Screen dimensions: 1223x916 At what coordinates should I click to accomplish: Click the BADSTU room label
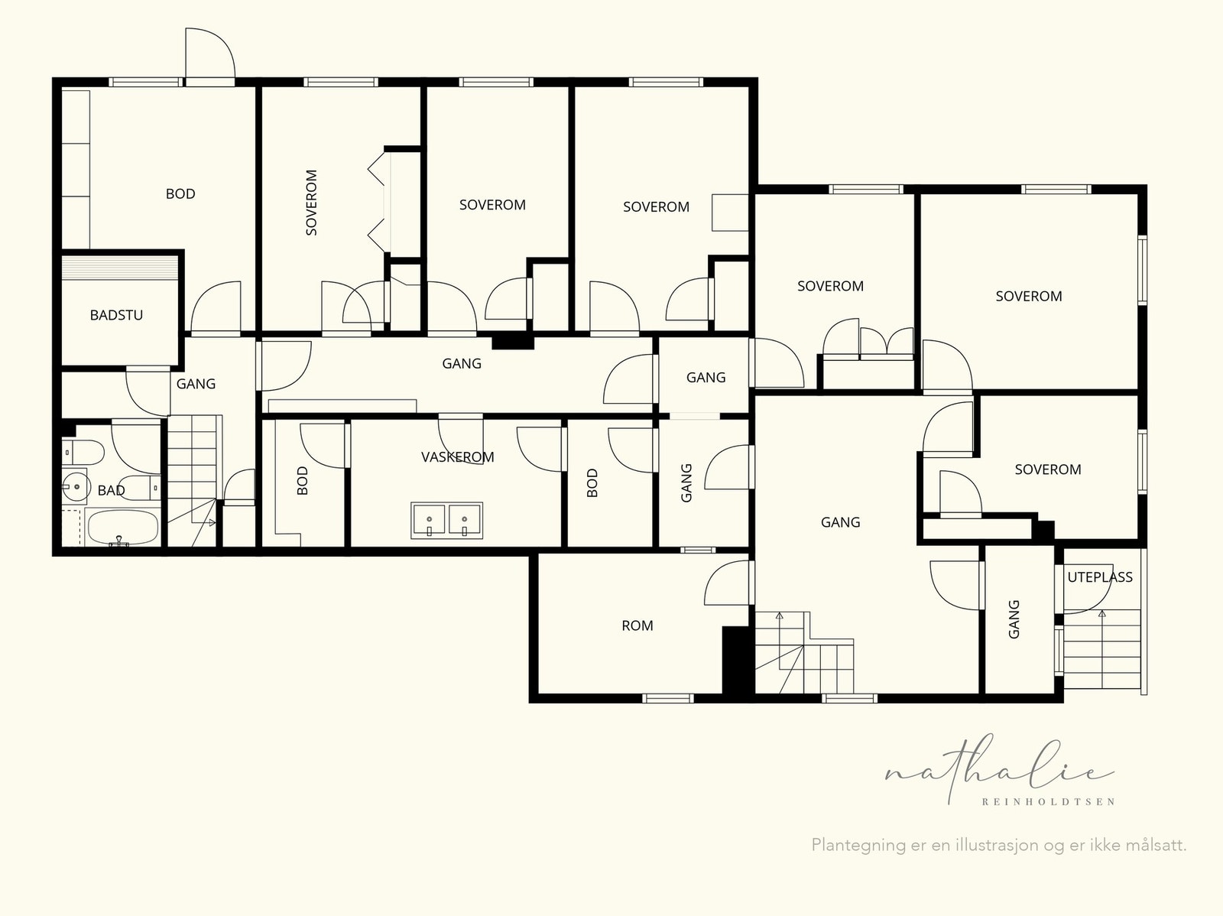[x=116, y=315]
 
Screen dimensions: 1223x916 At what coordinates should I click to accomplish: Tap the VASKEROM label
[x=457, y=457]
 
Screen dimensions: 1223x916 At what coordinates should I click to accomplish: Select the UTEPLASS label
[x=1100, y=577]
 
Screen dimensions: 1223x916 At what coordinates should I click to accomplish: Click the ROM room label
[x=637, y=625]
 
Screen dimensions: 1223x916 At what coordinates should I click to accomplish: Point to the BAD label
[x=111, y=490]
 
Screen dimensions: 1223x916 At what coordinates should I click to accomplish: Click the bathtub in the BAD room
[x=122, y=527]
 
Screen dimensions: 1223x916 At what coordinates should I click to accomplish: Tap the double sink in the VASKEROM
[x=447, y=521]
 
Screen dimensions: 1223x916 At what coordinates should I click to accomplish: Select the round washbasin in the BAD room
[x=76, y=486]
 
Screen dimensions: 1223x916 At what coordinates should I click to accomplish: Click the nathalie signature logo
[x=998, y=769]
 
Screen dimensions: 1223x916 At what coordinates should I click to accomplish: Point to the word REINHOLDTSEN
[x=1048, y=802]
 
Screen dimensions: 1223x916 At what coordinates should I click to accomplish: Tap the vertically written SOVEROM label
[x=311, y=203]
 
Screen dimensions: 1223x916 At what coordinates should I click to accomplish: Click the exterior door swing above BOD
[x=210, y=54]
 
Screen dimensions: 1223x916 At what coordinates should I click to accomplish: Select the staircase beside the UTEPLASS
[x=1102, y=649]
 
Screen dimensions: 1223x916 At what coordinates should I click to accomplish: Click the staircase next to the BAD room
[x=192, y=480]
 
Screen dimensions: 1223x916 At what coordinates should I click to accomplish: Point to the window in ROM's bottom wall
[x=667, y=698]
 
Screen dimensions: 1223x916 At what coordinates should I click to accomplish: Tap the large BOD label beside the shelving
[x=180, y=194]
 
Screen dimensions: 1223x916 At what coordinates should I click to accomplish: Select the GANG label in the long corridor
[x=462, y=364]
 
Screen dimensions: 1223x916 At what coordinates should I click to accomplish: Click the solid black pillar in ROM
[x=735, y=661]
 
